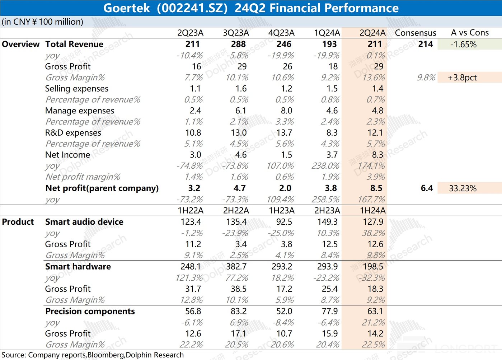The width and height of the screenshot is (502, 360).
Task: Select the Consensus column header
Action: (x=415, y=33)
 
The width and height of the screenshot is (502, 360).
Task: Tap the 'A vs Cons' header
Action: (x=470, y=33)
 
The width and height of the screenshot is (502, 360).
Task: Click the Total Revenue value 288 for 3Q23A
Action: (x=238, y=44)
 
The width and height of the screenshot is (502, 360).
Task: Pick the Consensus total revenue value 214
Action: (x=426, y=44)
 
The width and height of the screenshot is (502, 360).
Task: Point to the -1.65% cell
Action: (x=463, y=45)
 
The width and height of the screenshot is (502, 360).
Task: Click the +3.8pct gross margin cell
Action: (x=462, y=78)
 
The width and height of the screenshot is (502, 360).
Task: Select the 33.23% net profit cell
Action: (x=463, y=188)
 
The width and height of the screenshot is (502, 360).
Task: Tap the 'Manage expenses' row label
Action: (x=80, y=111)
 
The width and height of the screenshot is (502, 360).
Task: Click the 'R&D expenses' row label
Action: (x=73, y=133)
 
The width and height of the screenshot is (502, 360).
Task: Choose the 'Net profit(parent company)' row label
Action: (x=102, y=188)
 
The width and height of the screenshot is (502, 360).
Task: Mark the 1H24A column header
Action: (x=372, y=210)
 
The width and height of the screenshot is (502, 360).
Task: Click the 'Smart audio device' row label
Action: (x=84, y=222)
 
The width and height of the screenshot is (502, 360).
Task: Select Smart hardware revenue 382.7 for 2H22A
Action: (x=236, y=266)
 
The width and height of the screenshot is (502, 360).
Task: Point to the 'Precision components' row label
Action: (x=90, y=311)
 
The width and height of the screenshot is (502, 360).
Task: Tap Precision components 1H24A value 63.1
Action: (x=375, y=311)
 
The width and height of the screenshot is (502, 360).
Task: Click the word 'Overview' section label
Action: (x=21, y=44)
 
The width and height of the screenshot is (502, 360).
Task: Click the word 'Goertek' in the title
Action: (x=126, y=8)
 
